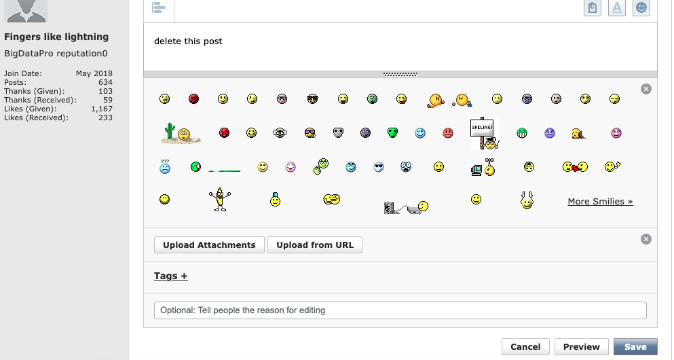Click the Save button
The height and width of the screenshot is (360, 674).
pyautogui.click(x=635, y=346)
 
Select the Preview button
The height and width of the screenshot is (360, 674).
pyautogui.click(x=581, y=346)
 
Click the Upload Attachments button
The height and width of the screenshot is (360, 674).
pyautogui.click(x=209, y=245)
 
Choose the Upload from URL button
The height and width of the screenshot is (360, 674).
pyautogui.click(x=315, y=245)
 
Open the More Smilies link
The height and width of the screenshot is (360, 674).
pyautogui.click(x=600, y=202)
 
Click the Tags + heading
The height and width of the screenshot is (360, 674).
pyautogui.click(x=171, y=276)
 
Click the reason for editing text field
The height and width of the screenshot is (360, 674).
pyautogui.click(x=400, y=310)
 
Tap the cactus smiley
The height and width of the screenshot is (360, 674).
pyautogui.click(x=181, y=133)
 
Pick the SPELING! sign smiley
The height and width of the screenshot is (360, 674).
pyautogui.click(x=485, y=133)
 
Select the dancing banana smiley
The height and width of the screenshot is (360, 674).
pyautogui.click(x=219, y=199)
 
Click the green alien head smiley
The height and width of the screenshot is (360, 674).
pyautogui.click(x=392, y=132)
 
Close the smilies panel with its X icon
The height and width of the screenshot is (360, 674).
pyautogui.click(x=646, y=89)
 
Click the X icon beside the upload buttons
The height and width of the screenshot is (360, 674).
pyautogui.click(x=646, y=239)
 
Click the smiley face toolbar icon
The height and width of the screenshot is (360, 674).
pyautogui.click(x=641, y=7)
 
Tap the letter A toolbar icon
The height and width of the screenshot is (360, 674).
pyautogui.click(x=616, y=7)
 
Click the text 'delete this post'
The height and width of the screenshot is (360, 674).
pyautogui.click(x=188, y=41)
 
